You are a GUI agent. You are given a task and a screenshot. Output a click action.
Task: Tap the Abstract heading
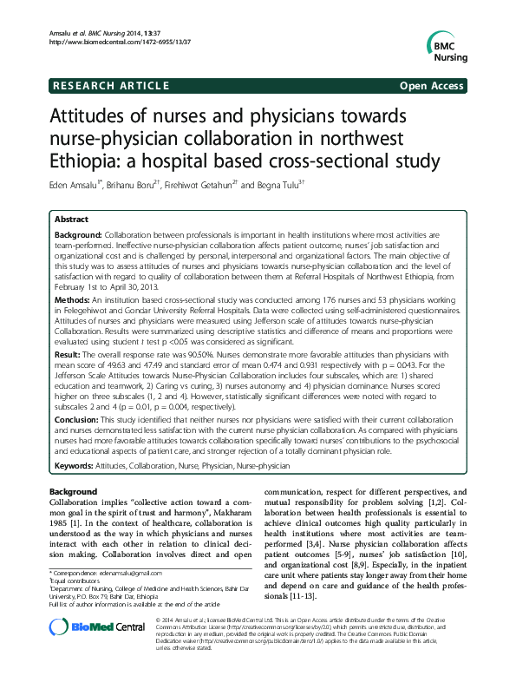coord(71,220)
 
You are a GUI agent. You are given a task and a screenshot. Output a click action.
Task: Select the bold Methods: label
coord(71,297)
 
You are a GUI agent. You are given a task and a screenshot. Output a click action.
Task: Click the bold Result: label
coord(69,355)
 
